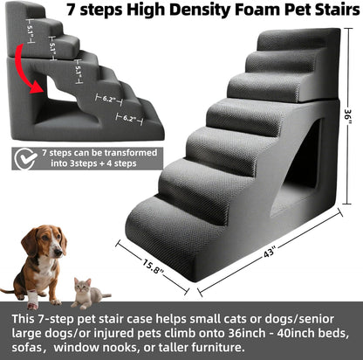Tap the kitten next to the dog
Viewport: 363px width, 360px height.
coord(86,294)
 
